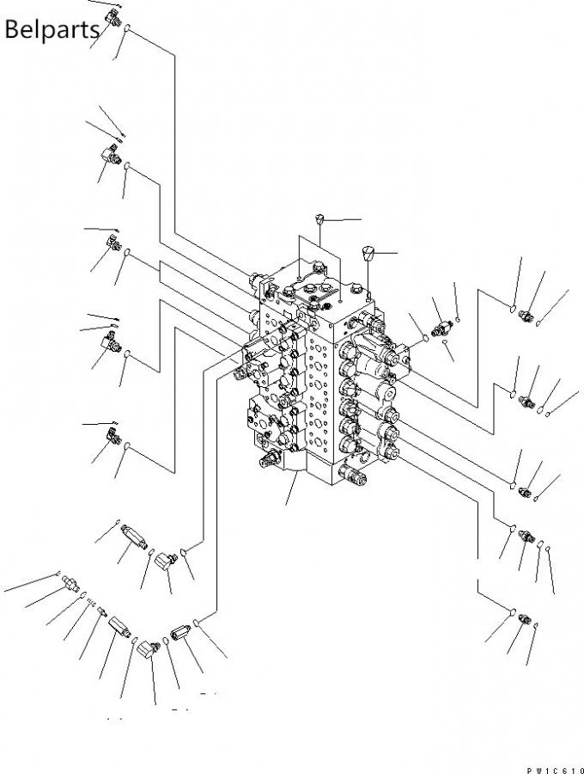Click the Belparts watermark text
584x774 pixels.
(x=52, y=29)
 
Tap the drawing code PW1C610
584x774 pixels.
(x=555, y=770)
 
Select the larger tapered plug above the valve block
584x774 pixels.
(x=368, y=253)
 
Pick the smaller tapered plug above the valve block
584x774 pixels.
(x=319, y=218)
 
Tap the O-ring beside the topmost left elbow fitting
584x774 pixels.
(x=126, y=28)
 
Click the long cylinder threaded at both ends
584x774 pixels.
(x=134, y=536)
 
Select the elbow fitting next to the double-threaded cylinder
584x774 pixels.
(x=166, y=561)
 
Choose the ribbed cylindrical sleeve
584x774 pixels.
(x=180, y=632)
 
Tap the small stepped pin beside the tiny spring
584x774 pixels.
(x=102, y=611)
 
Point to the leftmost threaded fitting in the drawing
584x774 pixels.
(x=71, y=584)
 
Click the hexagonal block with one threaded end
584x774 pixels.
(x=119, y=627)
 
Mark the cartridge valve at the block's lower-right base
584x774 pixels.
(x=353, y=475)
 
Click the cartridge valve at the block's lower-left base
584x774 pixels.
(x=270, y=458)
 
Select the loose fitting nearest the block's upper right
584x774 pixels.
(x=441, y=328)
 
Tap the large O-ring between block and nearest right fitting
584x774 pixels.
(x=425, y=338)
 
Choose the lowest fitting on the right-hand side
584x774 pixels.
(x=525, y=618)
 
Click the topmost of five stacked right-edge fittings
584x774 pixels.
(x=526, y=316)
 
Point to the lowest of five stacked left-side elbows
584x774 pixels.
(x=113, y=436)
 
